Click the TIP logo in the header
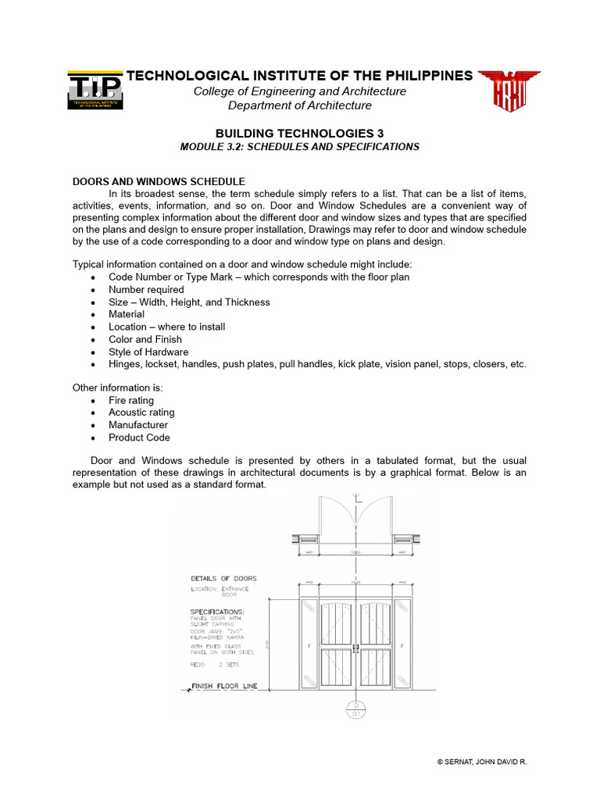pos(94,91)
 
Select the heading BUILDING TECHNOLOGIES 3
pos(300,134)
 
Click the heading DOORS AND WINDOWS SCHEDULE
pos(159,181)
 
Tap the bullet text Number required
pos(146,289)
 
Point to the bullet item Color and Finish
pos(145,339)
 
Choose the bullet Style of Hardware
pos(148,352)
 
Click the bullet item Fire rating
pos(131,400)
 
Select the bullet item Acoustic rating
pos(141,412)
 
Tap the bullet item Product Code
pos(139,437)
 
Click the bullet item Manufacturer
pos(138,425)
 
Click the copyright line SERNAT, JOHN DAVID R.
pos(482,761)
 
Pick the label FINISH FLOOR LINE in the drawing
pos(224,687)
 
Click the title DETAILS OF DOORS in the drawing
pos(223,578)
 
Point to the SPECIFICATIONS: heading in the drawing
pos(217,611)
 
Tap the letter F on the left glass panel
pos(309,646)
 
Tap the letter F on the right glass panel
pos(402,646)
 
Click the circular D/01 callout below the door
pos(356,709)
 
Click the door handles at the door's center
pos(355,647)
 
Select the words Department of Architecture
pos(300,105)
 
